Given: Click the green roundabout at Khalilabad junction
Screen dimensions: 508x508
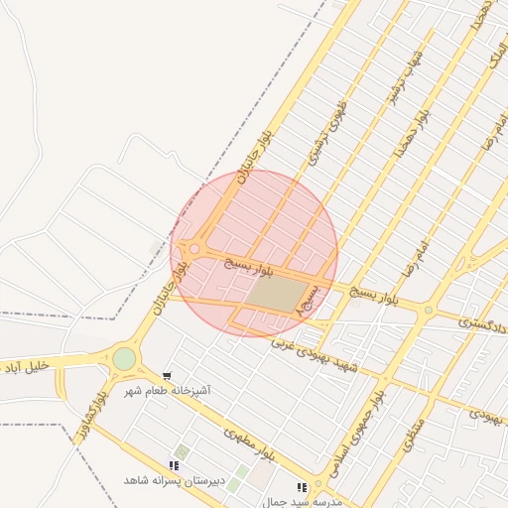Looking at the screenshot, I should [124, 358].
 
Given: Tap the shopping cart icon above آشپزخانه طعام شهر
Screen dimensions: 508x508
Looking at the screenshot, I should [167, 376].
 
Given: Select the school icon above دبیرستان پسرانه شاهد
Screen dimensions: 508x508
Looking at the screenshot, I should [175, 465].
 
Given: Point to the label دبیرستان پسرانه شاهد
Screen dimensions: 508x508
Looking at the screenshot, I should [168, 480].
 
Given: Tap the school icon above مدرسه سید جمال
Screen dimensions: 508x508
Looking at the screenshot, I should [302, 487].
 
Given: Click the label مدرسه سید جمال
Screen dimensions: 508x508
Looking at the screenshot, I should [303, 502].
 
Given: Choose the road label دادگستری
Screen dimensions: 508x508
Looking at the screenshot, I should [483, 323].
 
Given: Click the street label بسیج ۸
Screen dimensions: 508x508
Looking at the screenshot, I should [306, 301].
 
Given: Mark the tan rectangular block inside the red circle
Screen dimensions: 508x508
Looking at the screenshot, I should [275, 293].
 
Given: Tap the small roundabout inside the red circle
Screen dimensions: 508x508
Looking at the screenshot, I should [194, 249].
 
